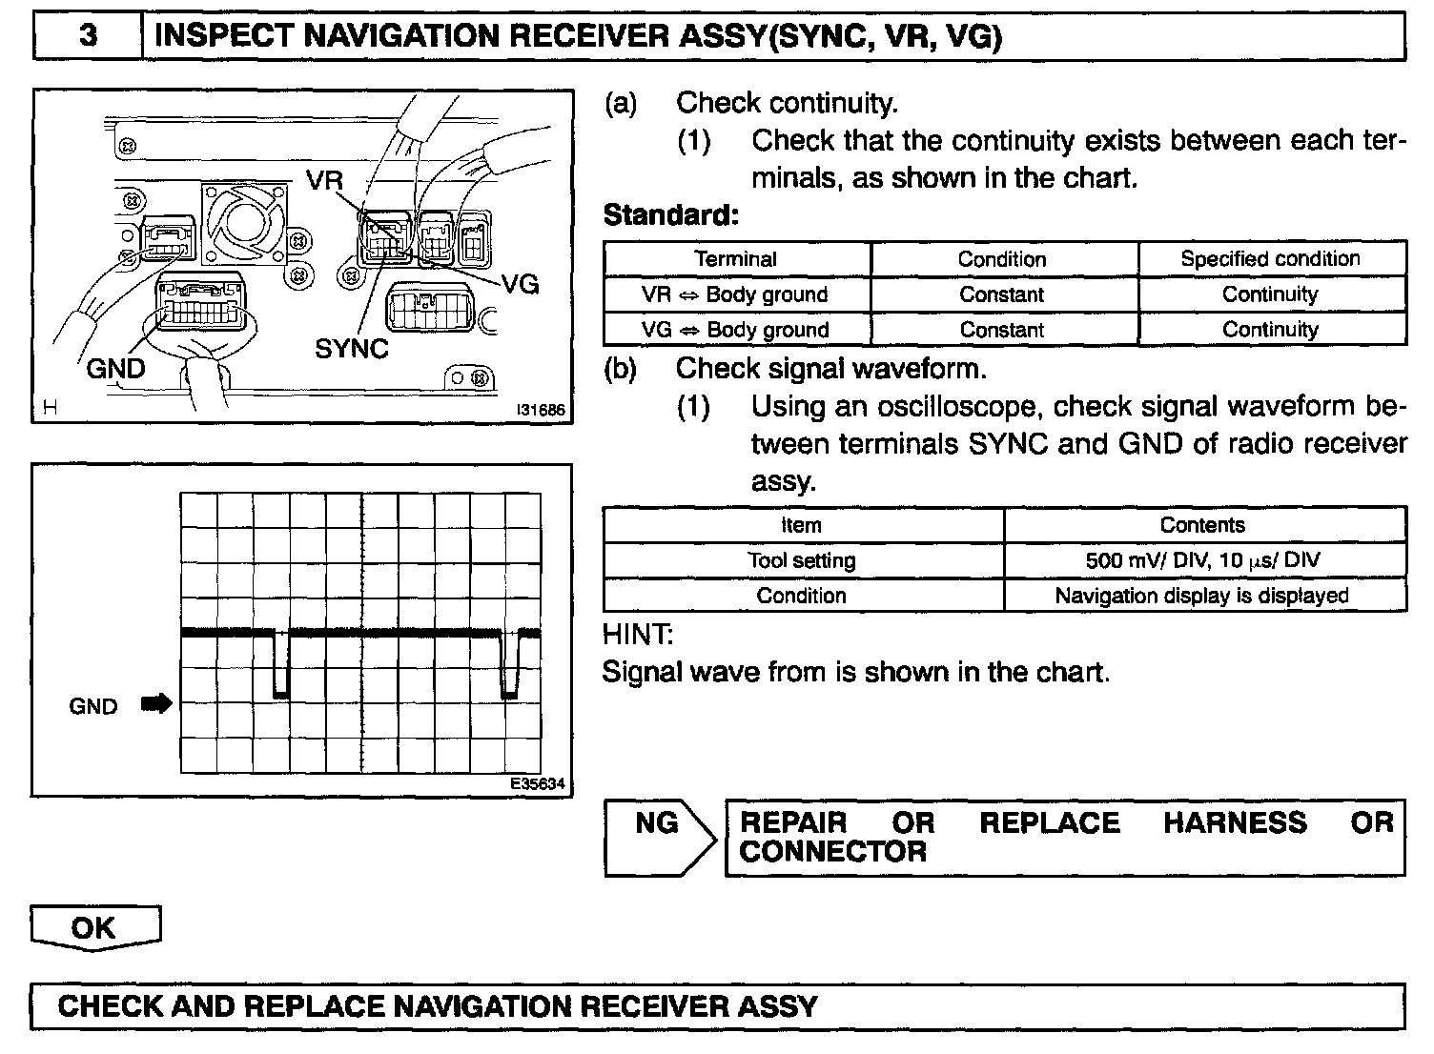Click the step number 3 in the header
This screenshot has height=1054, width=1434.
(x=87, y=36)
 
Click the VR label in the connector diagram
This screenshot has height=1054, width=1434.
(x=326, y=180)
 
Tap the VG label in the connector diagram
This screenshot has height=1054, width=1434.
(x=521, y=284)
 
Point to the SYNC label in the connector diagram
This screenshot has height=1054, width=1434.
(x=352, y=349)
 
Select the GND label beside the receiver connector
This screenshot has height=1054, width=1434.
(x=115, y=369)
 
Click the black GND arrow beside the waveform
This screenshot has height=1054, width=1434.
(x=156, y=704)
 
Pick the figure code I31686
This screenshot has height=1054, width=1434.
(x=541, y=411)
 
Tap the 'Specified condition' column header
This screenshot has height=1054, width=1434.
(x=1270, y=259)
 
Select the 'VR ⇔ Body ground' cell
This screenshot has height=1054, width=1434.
(x=735, y=294)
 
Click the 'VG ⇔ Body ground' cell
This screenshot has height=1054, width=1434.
(x=735, y=330)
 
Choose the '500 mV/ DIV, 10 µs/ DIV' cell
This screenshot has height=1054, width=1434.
(x=1203, y=560)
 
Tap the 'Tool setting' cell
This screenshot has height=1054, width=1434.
(x=802, y=560)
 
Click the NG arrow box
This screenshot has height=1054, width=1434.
(x=660, y=838)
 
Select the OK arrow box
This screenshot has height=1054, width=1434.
(x=94, y=927)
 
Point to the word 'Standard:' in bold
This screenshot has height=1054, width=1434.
(x=671, y=215)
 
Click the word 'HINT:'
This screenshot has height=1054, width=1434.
(x=638, y=634)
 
